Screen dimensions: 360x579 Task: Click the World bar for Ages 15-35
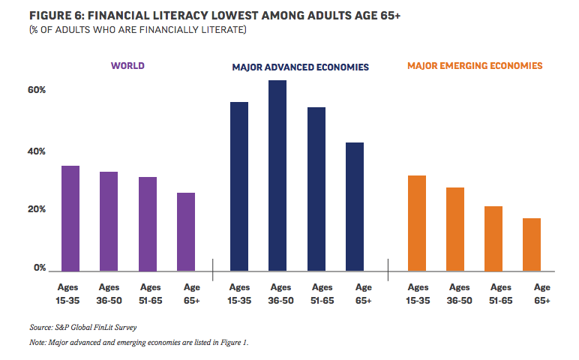click(70, 217)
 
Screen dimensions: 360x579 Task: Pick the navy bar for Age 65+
click(355, 206)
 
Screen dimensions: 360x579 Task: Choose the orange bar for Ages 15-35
click(417, 222)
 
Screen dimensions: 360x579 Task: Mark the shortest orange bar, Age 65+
click(532, 244)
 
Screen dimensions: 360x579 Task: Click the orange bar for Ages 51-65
click(493, 238)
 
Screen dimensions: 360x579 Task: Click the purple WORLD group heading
click(127, 66)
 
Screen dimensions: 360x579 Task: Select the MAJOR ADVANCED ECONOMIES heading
click(300, 67)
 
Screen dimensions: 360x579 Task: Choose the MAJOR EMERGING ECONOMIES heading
click(475, 66)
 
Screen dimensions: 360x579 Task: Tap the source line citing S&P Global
click(83, 327)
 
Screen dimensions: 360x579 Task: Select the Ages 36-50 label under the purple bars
click(109, 293)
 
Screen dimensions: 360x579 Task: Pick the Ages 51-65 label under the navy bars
click(322, 293)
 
